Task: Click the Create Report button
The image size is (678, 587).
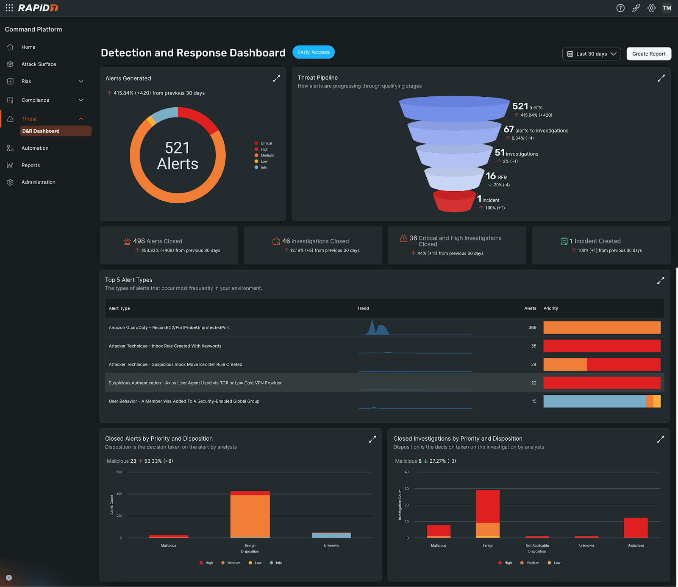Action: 648,54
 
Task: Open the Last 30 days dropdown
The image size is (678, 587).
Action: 591,54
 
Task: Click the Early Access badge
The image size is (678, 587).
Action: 313,52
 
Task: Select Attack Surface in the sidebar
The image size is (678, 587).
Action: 39,64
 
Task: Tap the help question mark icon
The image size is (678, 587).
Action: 620,8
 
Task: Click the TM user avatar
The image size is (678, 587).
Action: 667,8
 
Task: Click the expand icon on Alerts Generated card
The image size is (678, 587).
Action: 276,78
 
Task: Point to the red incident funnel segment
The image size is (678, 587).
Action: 453,202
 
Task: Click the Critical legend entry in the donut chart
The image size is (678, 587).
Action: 266,143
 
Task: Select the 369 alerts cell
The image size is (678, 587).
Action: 532,328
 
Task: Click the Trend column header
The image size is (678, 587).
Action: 363,308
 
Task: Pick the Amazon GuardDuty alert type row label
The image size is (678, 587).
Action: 169,328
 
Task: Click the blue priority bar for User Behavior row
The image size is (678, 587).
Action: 594,401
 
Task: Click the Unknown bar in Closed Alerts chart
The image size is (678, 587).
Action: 331,535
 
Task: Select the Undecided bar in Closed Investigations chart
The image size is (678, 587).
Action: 636,528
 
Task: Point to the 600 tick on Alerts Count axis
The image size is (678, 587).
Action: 119,472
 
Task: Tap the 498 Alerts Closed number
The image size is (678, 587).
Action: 139,241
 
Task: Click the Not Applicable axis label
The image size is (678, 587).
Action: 537,546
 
